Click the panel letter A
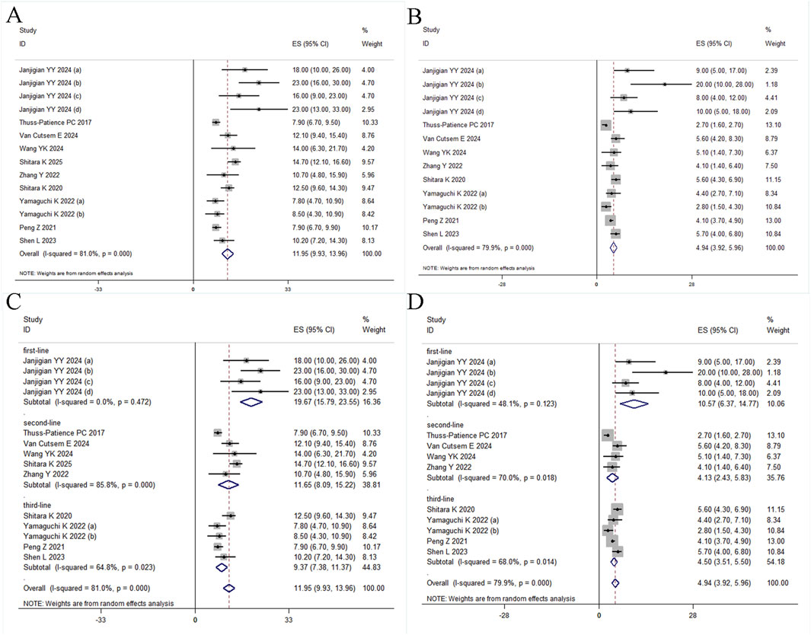click(13, 14)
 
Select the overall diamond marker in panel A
click(226, 253)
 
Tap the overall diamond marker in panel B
click(613, 247)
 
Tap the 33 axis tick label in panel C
click(288, 621)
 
